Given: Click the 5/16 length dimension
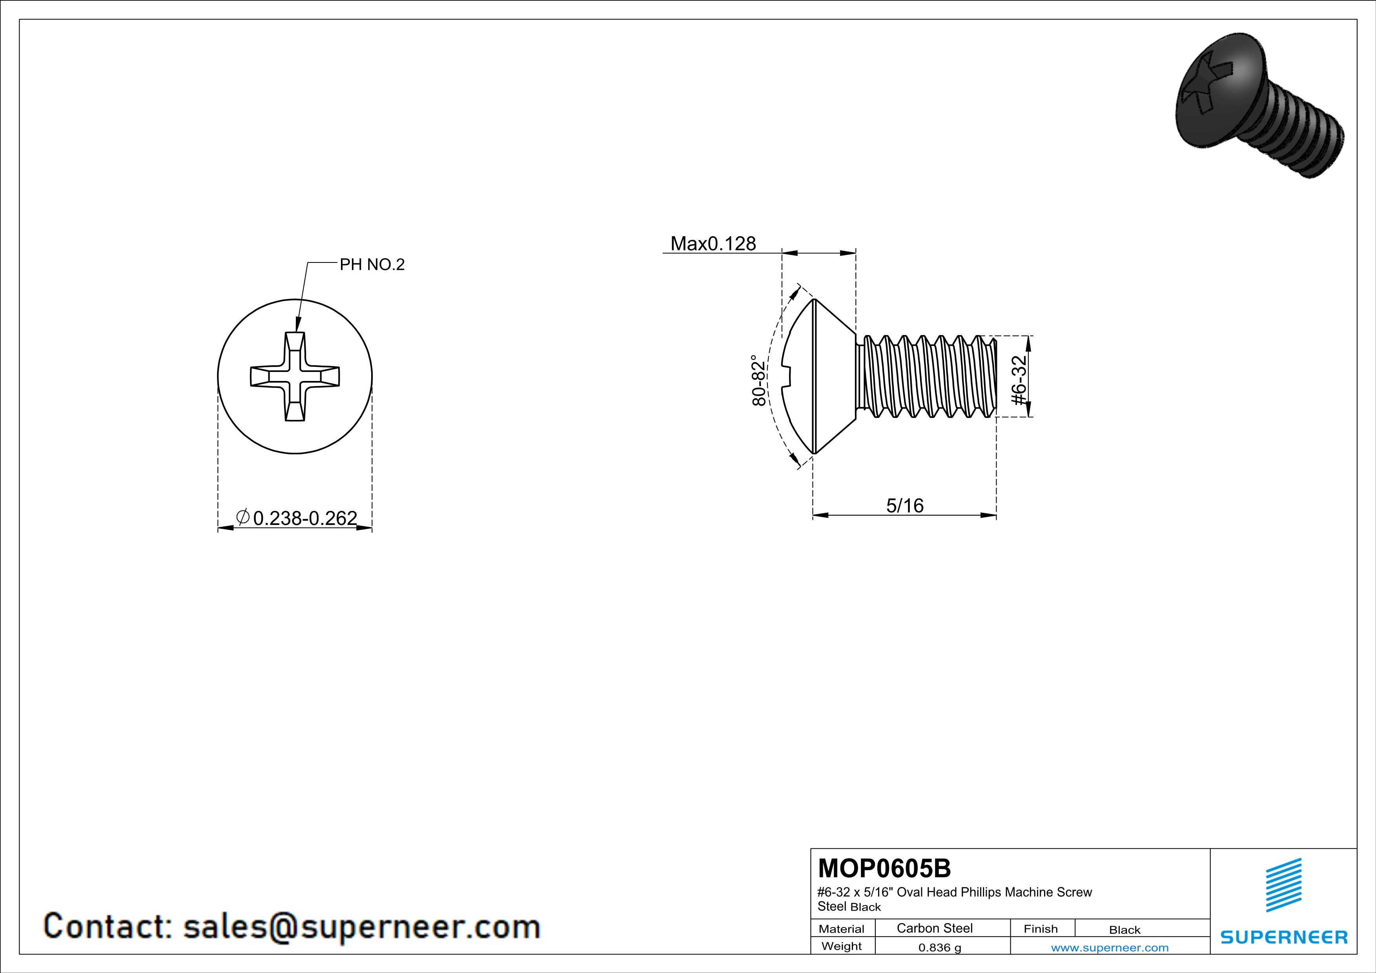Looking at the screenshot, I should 904,506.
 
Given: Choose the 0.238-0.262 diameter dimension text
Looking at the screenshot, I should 305,518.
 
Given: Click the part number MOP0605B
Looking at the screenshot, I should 884,868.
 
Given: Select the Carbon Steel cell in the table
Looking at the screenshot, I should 934,928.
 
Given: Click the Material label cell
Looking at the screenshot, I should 842,929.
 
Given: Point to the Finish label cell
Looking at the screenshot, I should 1041,929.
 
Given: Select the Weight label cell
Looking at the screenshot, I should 842,946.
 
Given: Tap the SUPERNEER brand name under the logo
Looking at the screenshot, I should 1284,937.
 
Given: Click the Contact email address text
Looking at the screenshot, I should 361,926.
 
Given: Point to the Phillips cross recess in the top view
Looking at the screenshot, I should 295,376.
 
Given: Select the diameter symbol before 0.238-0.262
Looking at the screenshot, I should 243,516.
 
